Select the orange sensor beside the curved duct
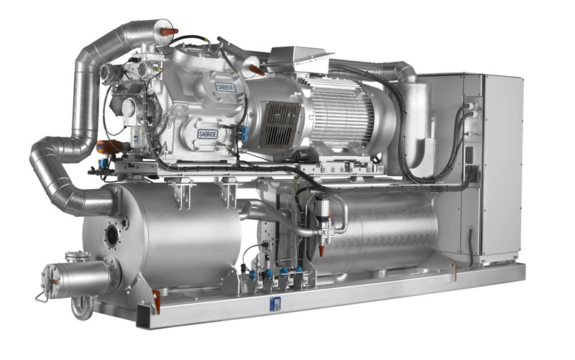click(107, 147)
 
